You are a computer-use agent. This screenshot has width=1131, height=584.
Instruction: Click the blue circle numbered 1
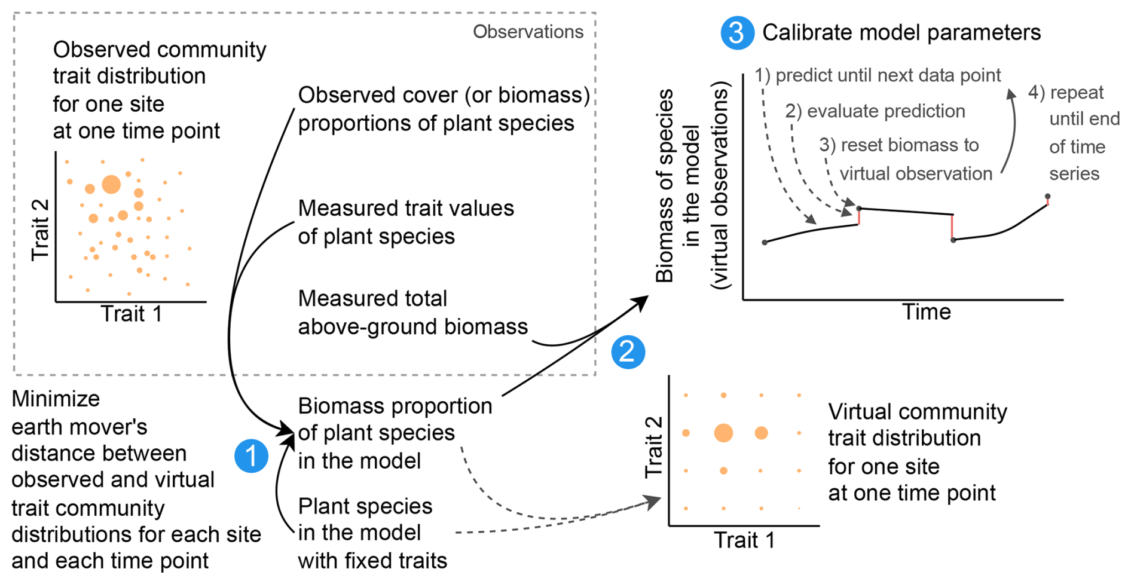[251, 456]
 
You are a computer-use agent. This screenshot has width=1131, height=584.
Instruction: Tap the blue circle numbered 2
[628, 351]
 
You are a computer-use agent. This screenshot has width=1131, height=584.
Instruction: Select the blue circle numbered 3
[737, 32]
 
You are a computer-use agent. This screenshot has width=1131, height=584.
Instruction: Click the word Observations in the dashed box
[528, 32]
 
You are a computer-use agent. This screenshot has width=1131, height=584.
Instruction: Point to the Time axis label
[926, 312]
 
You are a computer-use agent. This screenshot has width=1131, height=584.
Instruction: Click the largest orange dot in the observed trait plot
[111, 184]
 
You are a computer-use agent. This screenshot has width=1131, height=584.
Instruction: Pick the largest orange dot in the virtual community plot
[723, 432]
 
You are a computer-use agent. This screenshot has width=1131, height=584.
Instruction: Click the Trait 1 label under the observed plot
[131, 314]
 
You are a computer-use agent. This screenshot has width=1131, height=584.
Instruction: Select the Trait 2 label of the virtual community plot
[653, 447]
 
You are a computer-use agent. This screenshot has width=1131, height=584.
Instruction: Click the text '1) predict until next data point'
[877, 75]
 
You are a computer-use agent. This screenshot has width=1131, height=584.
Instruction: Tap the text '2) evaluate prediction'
[875, 111]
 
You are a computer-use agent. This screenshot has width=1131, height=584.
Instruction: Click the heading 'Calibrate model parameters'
[901, 32]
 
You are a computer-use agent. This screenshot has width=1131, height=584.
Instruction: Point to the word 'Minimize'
[56, 399]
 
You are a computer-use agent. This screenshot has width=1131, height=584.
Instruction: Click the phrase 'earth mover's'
[79, 427]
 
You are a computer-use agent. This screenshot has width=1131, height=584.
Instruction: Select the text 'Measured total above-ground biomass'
[412, 313]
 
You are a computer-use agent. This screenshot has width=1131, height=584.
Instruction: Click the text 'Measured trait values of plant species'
[406, 222]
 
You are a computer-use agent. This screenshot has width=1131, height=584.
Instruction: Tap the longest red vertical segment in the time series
[952, 227]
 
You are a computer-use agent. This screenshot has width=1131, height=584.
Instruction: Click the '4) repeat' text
[1065, 93]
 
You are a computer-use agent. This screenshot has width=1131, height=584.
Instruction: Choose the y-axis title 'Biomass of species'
[665, 185]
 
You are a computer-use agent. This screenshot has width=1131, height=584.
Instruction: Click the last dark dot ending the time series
[1047, 196]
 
